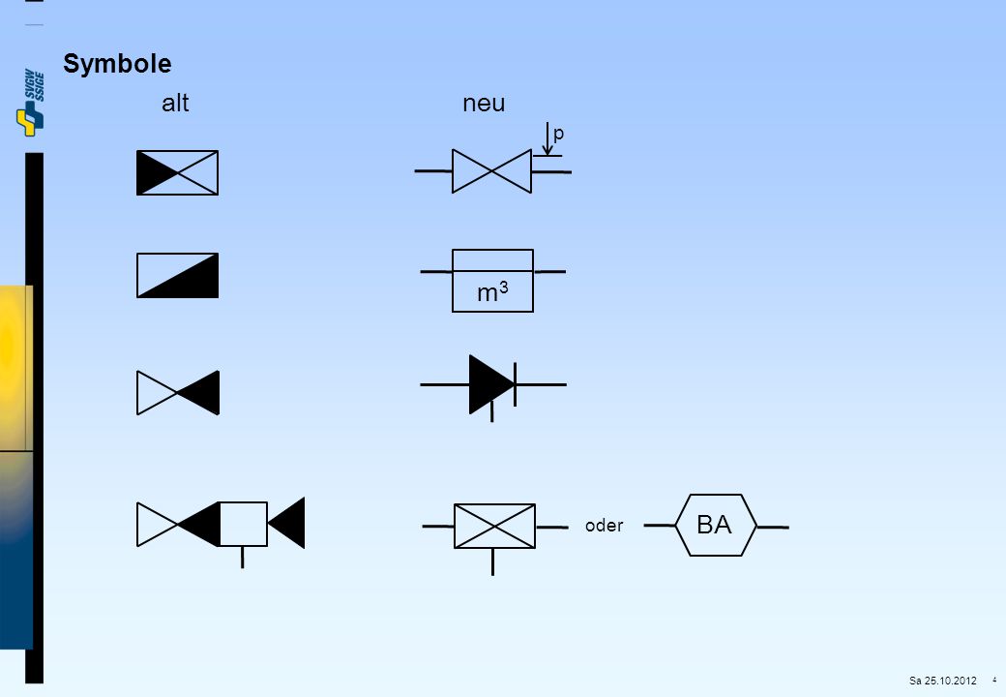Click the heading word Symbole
point(117,64)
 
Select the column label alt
point(175,103)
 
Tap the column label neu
point(484,104)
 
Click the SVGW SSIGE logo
point(31,103)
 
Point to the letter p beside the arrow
point(558,135)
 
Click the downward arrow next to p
point(547,138)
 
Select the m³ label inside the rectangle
point(492,292)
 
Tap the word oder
point(604,526)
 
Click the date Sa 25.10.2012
point(942,681)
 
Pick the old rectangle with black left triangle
point(177,172)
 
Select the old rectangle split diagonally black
point(177,275)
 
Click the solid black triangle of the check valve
point(490,384)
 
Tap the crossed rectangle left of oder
point(494,527)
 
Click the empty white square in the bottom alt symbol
point(243,525)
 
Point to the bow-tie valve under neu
point(491,171)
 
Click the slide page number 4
point(994,680)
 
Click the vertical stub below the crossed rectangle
point(492,562)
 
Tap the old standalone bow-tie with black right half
point(178,393)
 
